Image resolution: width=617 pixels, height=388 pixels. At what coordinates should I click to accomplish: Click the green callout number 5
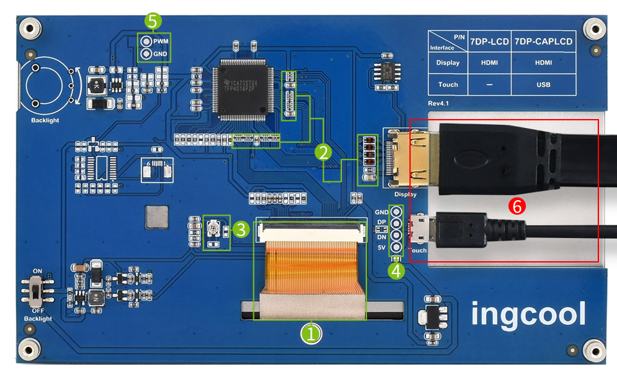click(x=152, y=21)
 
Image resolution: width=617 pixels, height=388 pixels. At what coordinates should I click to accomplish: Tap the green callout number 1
click(x=312, y=333)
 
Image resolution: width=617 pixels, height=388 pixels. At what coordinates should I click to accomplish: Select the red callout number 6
click(x=516, y=206)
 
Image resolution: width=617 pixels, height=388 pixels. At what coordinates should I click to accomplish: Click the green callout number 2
click(x=323, y=152)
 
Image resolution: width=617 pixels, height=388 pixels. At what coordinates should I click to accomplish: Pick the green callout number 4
click(x=397, y=270)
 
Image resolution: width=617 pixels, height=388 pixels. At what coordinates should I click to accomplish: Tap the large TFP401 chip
click(x=242, y=89)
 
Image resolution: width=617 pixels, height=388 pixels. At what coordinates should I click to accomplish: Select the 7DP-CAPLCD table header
click(x=543, y=41)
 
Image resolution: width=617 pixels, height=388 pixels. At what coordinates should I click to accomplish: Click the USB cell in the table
click(x=543, y=84)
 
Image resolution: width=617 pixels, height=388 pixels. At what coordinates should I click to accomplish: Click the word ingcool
click(x=528, y=314)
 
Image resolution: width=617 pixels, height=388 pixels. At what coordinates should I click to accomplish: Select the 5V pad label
click(x=381, y=248)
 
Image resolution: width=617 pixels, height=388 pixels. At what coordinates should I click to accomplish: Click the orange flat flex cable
click(x=312, y=266)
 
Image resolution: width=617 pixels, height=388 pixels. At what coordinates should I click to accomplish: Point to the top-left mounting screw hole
click(x=28, y=28)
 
